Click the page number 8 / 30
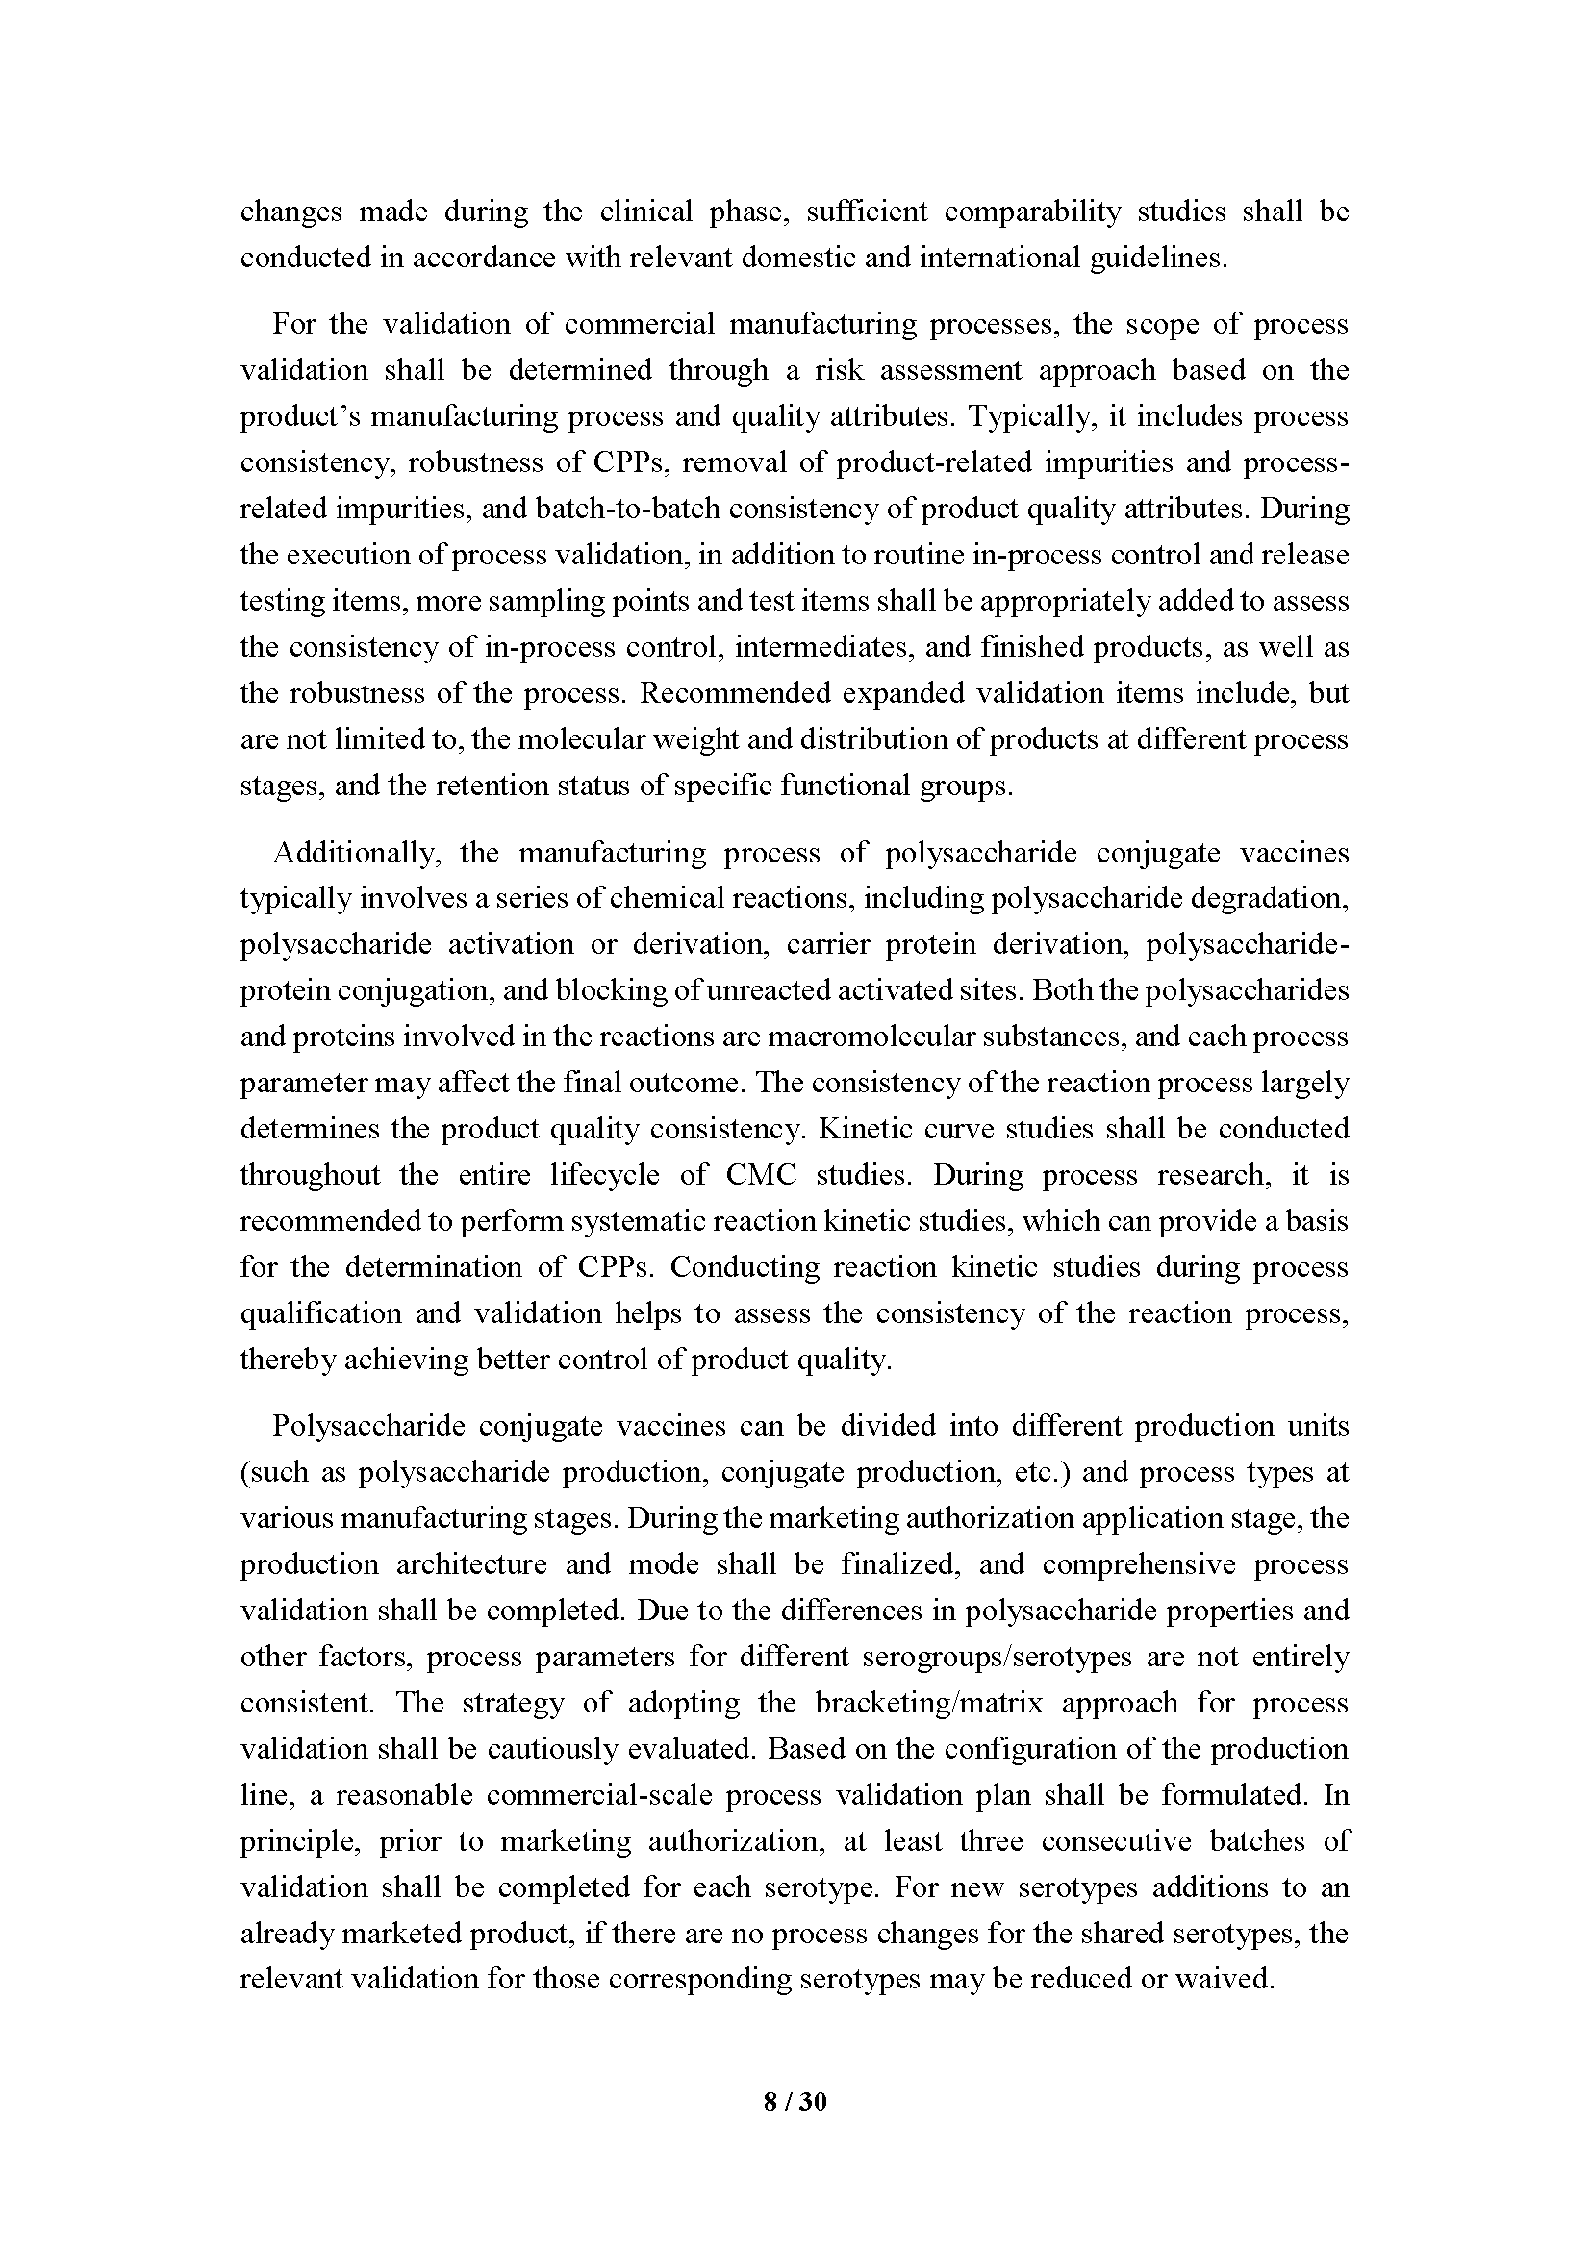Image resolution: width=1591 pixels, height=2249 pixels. pyautogui.click(x=795, y=2101)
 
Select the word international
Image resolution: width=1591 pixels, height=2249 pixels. pyautogui.click(x=997, y=258)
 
